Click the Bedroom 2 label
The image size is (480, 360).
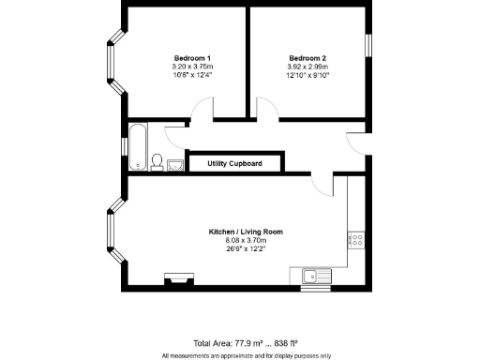307,57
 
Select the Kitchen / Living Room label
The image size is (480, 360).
246,232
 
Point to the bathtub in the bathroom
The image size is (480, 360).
137,145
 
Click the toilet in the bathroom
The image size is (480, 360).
157,162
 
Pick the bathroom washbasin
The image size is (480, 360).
175,165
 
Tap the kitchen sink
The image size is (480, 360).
316,275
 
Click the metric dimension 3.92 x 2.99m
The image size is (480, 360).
307,67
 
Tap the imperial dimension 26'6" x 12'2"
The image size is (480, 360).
246,250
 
